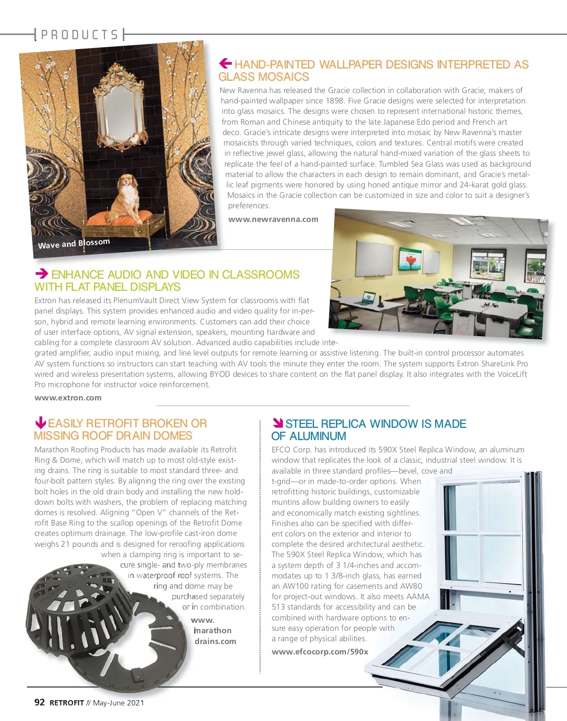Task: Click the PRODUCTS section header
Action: click(x=79, y=35)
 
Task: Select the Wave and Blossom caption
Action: click(x=74, y=244)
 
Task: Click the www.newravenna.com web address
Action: click(x=273, y=219)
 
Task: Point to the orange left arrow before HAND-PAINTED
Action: click(x=225, y=63)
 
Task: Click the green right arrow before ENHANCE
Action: click(x=42, y=273)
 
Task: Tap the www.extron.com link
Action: click(x=68, y=398)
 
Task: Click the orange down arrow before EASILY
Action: click(x=41, y=423)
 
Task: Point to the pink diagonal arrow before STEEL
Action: click(x=277, y=423)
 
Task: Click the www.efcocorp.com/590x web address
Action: click(x=320, y=652)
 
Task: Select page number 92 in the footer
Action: click(x=40, y=702)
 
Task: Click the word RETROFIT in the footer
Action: click(x=67, y=703)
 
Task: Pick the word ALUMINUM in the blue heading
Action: click(x=318, y=436)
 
